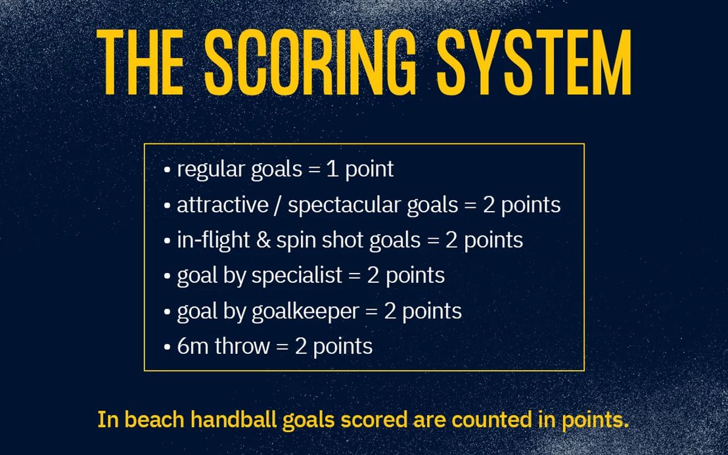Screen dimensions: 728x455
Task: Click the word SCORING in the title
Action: coord(310,62)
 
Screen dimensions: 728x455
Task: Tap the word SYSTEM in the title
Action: coord(534,62)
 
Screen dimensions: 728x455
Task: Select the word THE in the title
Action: coord(140,62)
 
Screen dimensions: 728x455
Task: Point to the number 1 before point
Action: coord(332,169)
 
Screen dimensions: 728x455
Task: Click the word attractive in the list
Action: coord(222,205)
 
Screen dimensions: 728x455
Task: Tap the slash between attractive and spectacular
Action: coord(278,205)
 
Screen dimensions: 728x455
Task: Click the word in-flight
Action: coord(213,241)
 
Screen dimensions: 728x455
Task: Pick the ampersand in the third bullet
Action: coord(263,241)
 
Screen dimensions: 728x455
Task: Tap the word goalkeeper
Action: coord(305,312)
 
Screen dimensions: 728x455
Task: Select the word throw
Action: coord(242,347)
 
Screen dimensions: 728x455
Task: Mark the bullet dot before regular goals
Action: coord(167,170)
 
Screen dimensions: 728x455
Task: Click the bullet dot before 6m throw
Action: coord(167,348)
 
